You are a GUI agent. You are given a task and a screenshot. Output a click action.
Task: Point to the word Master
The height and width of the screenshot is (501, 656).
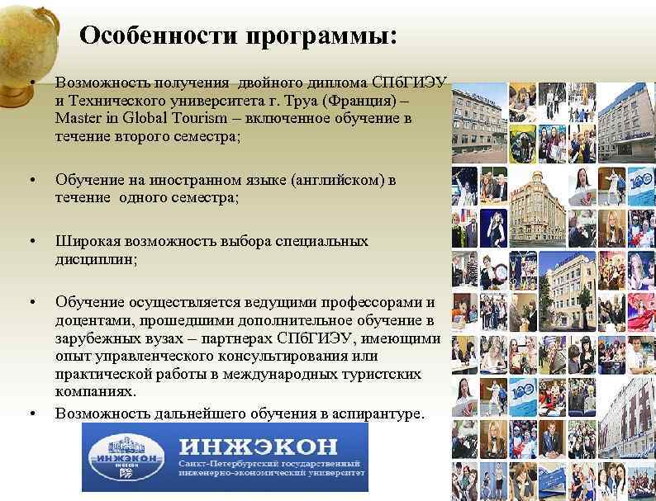click(x=78, y=119)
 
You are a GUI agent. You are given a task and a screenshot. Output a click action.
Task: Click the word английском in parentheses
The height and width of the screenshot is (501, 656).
click(x=337, y=180)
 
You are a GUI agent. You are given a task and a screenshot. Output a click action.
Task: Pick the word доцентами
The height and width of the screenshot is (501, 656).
click(x=92, y=320)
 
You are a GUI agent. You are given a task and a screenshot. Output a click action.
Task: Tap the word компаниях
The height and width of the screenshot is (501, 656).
click(x=94, y=393)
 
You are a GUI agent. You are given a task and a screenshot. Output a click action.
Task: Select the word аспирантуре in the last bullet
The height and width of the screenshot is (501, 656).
click(x=378, y=413)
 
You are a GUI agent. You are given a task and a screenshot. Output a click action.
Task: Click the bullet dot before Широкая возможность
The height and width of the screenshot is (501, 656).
click(x=31, y=242)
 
